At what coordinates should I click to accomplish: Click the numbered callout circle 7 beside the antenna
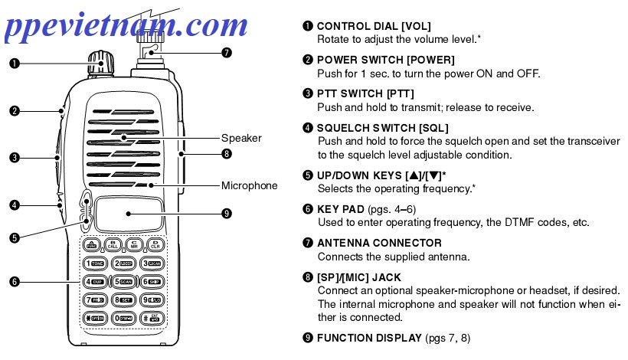click(x=225, y=53)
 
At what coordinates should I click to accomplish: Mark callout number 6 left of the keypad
click(x=14, y=282)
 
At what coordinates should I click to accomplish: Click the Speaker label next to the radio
click(x=241, y=139)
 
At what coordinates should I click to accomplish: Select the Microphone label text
click(x=249, y=185)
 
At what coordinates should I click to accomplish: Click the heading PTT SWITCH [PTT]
click(x=365, y=93)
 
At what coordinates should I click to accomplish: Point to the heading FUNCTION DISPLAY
click(x=369, y=337)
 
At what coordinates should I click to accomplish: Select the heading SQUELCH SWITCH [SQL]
click(x=382, y=127)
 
